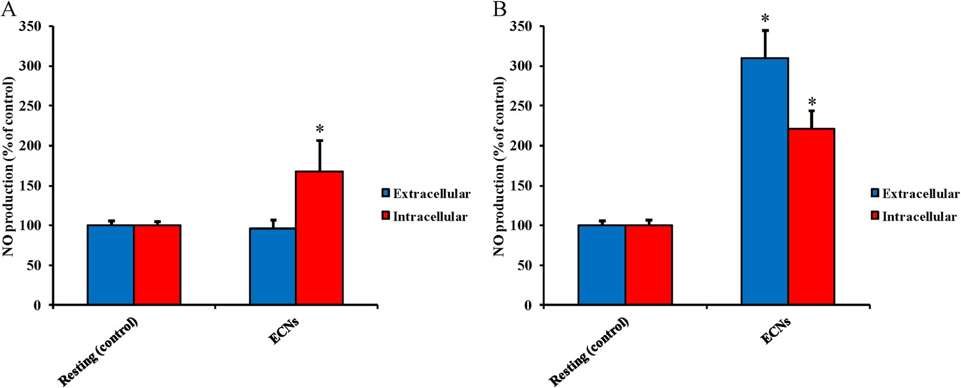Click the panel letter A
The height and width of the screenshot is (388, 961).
tap(8, 9)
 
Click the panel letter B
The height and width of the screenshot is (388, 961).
tap(499, 9)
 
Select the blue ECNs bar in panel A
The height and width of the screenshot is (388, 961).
tap(273, 266)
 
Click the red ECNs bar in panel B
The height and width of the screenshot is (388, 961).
tap(811, 216)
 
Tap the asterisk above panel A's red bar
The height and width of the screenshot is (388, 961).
tap(320, 129)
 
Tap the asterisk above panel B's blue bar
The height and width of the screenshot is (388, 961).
tap(765, 19)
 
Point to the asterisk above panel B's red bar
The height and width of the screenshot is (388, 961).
tap(812, 102)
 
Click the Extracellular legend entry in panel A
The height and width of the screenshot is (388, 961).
tap(426, 194)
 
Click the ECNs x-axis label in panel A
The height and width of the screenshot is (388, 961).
tap(283, 330)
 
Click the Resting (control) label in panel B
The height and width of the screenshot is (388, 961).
tap(589, 351)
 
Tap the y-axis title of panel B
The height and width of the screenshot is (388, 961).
tap(500, 166)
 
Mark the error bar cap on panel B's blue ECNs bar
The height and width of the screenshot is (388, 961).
tap(765, 30)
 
